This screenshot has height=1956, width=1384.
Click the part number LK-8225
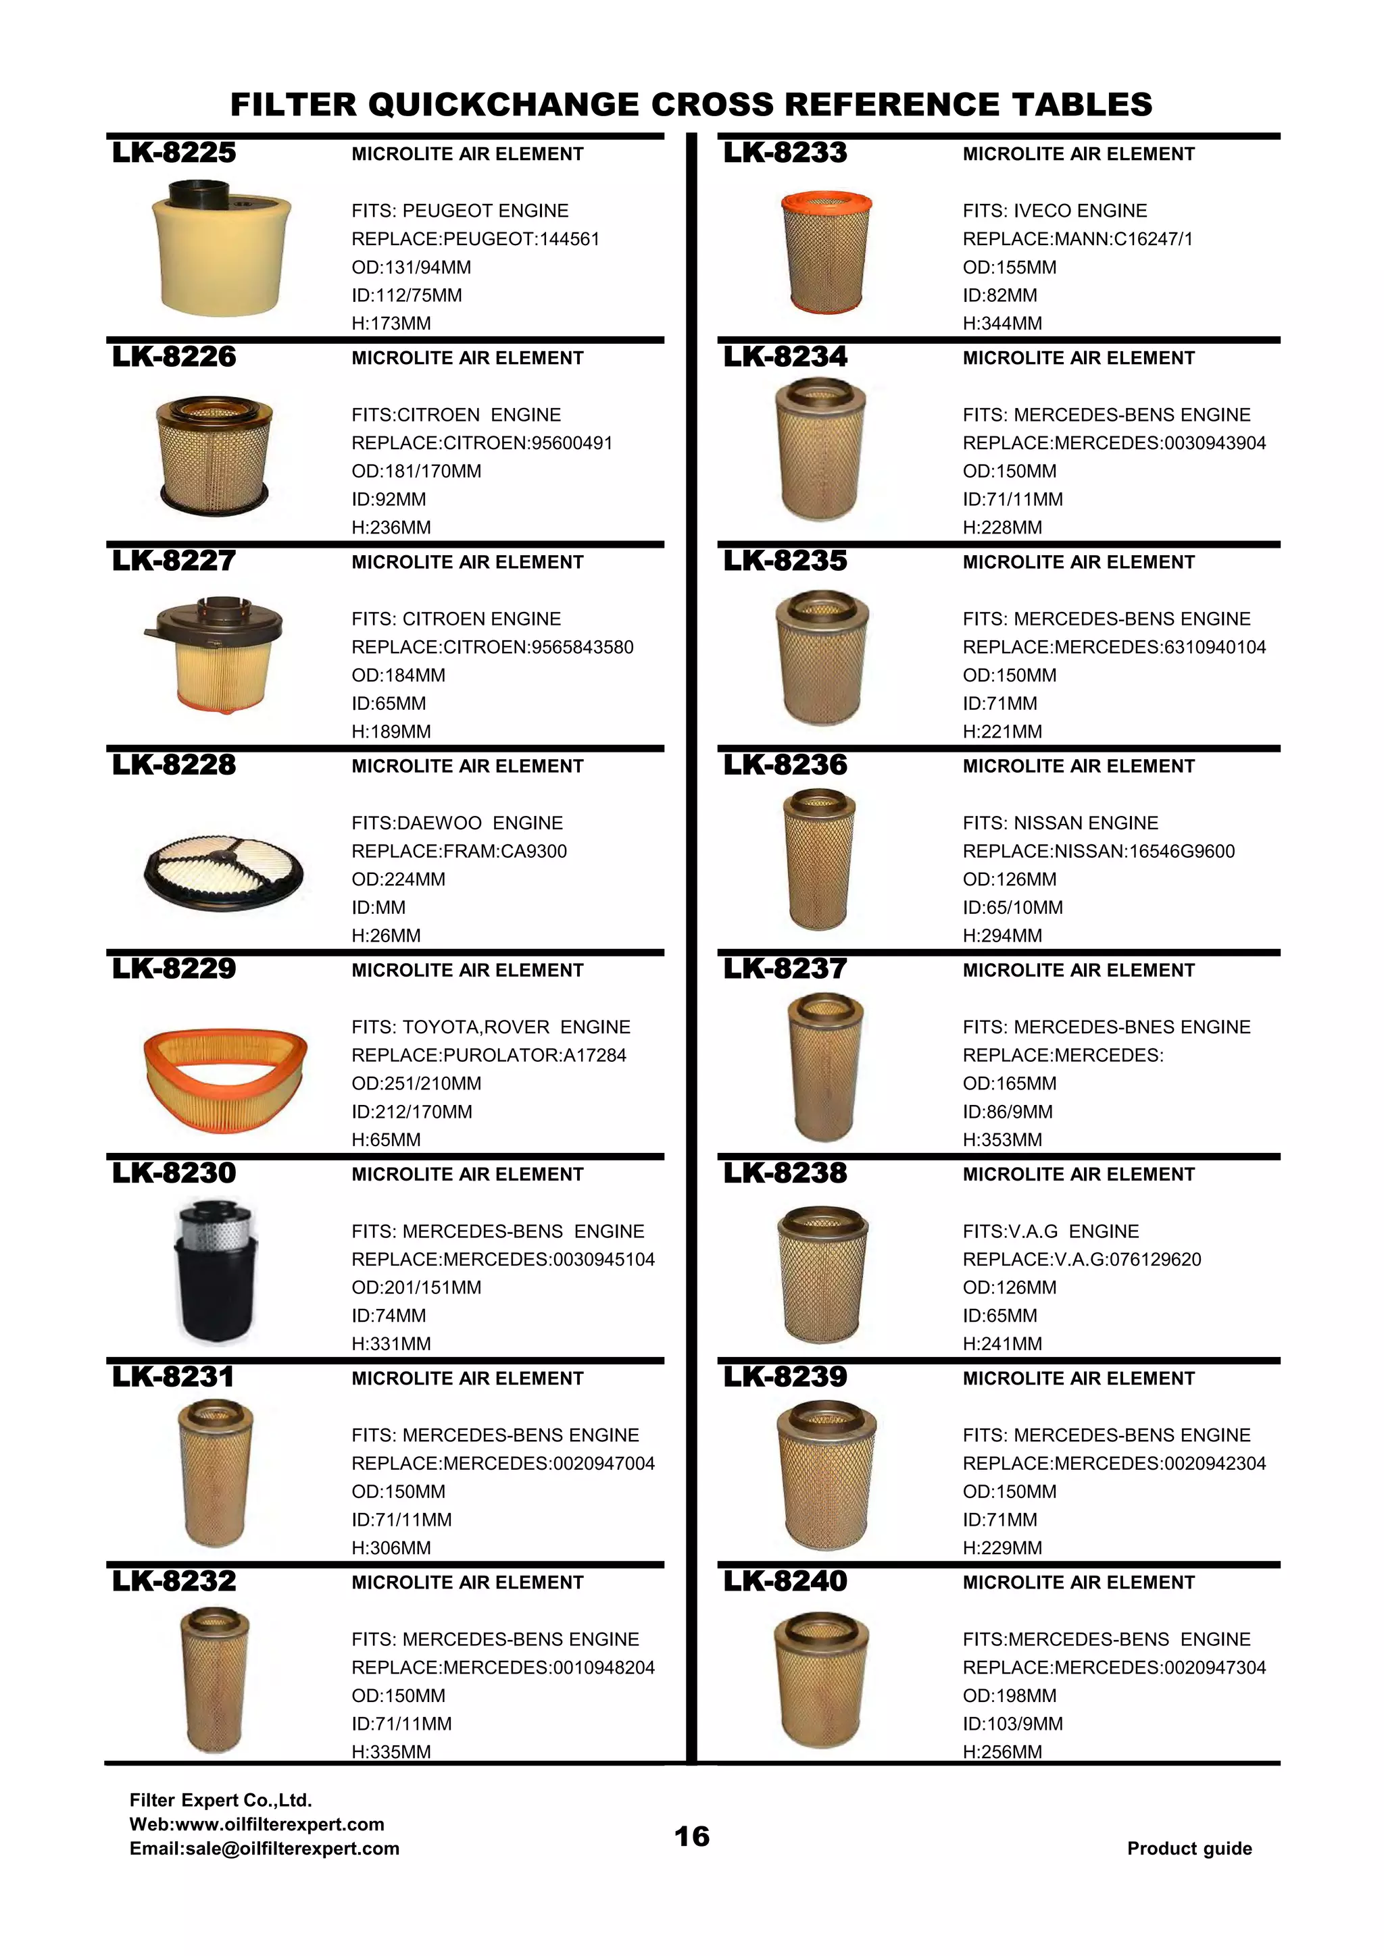[174, 153]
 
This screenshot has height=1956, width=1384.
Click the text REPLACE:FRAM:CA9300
[458, 851]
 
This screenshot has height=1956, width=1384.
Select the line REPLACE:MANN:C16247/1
[1077, 238]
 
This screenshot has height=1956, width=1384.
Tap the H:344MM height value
[1002, 323]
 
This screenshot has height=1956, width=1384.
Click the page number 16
[691, 1836]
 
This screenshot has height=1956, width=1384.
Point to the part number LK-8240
[785, 1581]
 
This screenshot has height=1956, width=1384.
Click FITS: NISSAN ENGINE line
[1060, 823]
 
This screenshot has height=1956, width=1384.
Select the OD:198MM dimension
[1009, 1695]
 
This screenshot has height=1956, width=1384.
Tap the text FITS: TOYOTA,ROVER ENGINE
[491, 1027]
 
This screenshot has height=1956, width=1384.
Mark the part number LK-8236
[785, 765]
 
